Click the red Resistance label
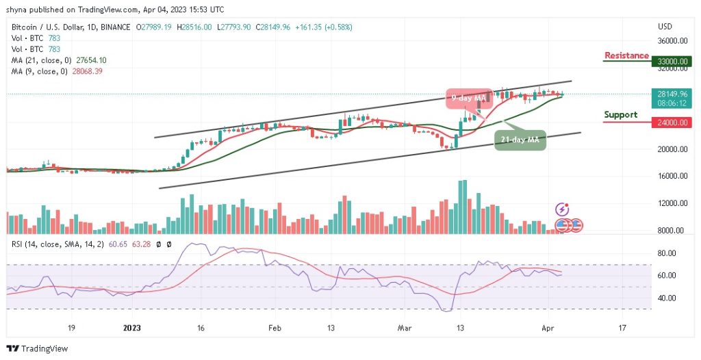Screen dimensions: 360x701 pyautogui.click(x=626, y=55)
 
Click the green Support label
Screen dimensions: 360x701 pyautogui.click(x=620, y=115)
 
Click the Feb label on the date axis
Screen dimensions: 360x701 pyautogui.click(x=274, y=328)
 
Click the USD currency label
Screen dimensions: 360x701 pyautogui.click(x=665, y=27)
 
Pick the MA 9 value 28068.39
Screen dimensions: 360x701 pyautogui.click(x=88, y=70)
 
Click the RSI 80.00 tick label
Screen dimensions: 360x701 pyautogui.click(x=667, y=253)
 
